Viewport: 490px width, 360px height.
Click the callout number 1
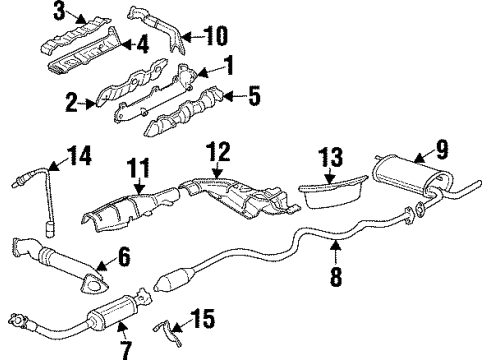pyautogui.click(x=229, y=69)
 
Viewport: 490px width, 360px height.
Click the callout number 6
pyautogui.click(x=125, y=258)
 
